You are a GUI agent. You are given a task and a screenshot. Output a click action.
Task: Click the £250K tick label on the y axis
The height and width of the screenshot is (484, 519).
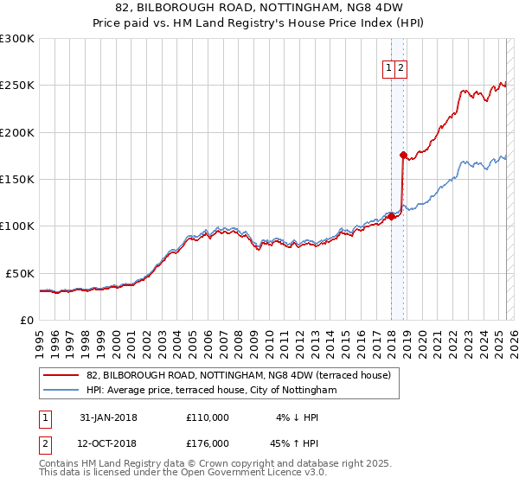[17, 86]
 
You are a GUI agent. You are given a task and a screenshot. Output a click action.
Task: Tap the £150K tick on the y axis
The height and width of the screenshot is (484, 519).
[17, 180]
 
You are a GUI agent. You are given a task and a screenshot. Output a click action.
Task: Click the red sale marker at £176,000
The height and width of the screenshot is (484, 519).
[403, 156]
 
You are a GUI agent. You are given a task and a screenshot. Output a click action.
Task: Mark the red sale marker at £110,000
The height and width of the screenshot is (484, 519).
[391, 217]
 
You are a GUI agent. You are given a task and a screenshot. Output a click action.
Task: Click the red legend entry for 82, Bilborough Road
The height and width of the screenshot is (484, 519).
[239, 376]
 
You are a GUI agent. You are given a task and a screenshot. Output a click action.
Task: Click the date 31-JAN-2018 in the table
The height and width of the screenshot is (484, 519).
[108, 417]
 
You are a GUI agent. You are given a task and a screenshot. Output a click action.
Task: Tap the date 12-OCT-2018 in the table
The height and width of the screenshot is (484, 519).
[108, 443]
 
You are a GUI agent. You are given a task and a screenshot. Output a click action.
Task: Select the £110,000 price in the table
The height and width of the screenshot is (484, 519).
[208, 417]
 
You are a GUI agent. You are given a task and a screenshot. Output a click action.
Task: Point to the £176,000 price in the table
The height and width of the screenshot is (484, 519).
[208, 443]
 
